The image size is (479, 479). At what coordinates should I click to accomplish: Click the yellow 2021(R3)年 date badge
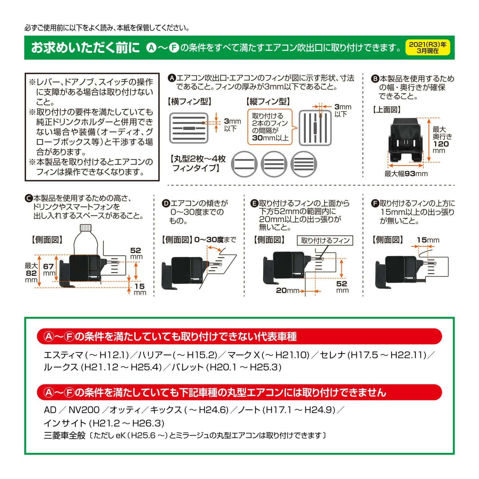click(428, 48)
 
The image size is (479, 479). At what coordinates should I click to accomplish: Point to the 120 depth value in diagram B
click(441, 144)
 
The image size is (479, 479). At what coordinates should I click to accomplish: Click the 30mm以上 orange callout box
click(270, 127)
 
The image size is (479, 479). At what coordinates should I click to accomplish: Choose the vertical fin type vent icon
click(315, 128)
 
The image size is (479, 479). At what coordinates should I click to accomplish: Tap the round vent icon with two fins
click(243, 164)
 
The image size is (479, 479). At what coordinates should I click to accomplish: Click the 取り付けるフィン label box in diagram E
click(325, 240)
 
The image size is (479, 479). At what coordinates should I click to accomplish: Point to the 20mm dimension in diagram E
click(285, 290)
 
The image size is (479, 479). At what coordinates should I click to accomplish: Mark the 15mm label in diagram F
click(428, 240)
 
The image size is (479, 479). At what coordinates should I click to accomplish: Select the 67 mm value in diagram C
click(49, 267)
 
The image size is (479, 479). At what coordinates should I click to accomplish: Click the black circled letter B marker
click(375, 79)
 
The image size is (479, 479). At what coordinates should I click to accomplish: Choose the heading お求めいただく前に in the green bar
click(85, 48)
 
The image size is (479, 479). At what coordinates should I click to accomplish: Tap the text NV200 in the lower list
click(84, 410)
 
